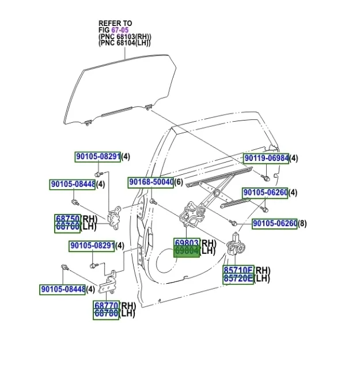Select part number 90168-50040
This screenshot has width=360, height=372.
point(151,182)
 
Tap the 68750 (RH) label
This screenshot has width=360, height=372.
point(68,219)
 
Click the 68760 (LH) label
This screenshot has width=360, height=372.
point(68,227)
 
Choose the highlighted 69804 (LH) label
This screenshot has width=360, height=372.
point(187,251)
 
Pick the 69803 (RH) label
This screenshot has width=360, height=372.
point(187,243)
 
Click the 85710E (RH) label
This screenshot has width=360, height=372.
point(238,270)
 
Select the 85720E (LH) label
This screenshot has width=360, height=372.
point(238,279)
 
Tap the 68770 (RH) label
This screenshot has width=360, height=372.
point(106,306)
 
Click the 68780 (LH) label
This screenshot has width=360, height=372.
point(106,314)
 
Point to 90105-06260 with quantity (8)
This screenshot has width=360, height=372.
point(274,224)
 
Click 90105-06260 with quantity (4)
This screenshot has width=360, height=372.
point(264,193)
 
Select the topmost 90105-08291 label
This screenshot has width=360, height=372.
point(98,156)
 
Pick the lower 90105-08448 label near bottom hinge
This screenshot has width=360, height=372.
point(63,289)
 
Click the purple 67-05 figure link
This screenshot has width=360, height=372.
point(120,30)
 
